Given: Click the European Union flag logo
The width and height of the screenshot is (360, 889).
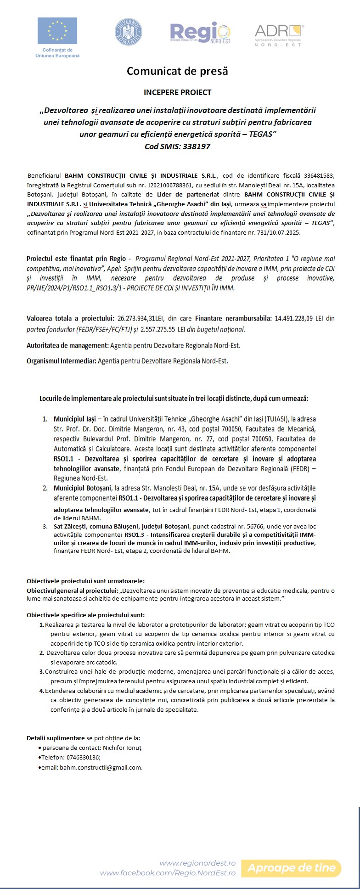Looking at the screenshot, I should (58, 31).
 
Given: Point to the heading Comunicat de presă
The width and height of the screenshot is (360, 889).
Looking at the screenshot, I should (177, 71).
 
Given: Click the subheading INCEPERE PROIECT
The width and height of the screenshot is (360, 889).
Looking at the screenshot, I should (177, 92).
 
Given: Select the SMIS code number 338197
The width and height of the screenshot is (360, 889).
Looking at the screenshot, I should (195, 146).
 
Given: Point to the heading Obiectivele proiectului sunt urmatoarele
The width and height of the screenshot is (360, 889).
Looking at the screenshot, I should (85, 581).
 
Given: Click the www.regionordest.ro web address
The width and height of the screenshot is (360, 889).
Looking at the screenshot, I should (197, 863).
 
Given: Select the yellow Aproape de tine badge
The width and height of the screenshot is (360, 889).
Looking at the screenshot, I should (292, 868).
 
